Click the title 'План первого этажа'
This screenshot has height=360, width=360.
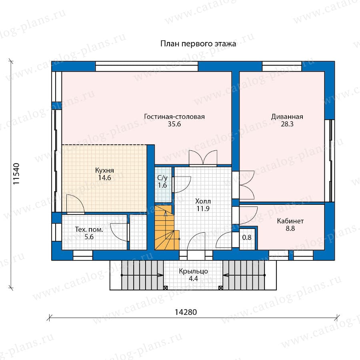click(x=198, y=44)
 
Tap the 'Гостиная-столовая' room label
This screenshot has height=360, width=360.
click(x=174, y=117)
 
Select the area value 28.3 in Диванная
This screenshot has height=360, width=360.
click(x=287, y=124)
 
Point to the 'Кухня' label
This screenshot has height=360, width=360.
click(x=104, y=170)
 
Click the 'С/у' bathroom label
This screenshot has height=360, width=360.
click(x=162, y=178)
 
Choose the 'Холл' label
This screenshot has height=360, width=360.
click(x=203, y=201)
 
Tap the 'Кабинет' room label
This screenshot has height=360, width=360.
click(x=290, y=221)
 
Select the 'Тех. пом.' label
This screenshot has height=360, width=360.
click(x=89, y=229)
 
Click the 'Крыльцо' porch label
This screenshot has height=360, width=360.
click(x=193, y=271)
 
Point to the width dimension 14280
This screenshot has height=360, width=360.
click(x=186, y=312)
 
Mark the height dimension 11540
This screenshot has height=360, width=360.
click(x=16, y=174)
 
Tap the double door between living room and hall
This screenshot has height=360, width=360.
click(x=203, y=158)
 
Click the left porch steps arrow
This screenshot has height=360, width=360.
click(x=142, y=275)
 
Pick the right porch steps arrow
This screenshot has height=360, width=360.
click(x=244, y=275)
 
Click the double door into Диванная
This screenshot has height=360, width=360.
click(x=246, y=185)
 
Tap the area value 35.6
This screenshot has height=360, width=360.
click(x=174, y=124)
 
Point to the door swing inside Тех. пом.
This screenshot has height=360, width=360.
click(x=119, y=232)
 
